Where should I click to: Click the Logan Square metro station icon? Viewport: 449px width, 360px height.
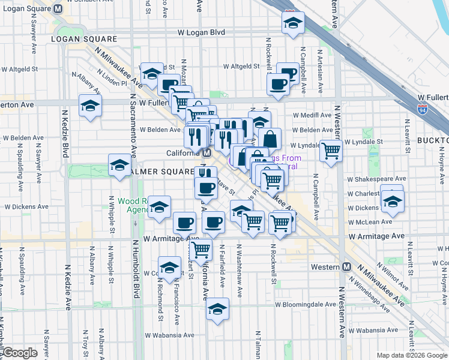58,9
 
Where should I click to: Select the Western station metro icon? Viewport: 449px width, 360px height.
346,267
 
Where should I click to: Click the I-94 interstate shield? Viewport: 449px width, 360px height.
423,110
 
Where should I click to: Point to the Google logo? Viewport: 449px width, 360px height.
20,353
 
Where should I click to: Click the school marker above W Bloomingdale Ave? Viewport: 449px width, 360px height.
217,308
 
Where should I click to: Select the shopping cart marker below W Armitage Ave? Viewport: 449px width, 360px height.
200,248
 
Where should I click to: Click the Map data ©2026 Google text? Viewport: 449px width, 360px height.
411,355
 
